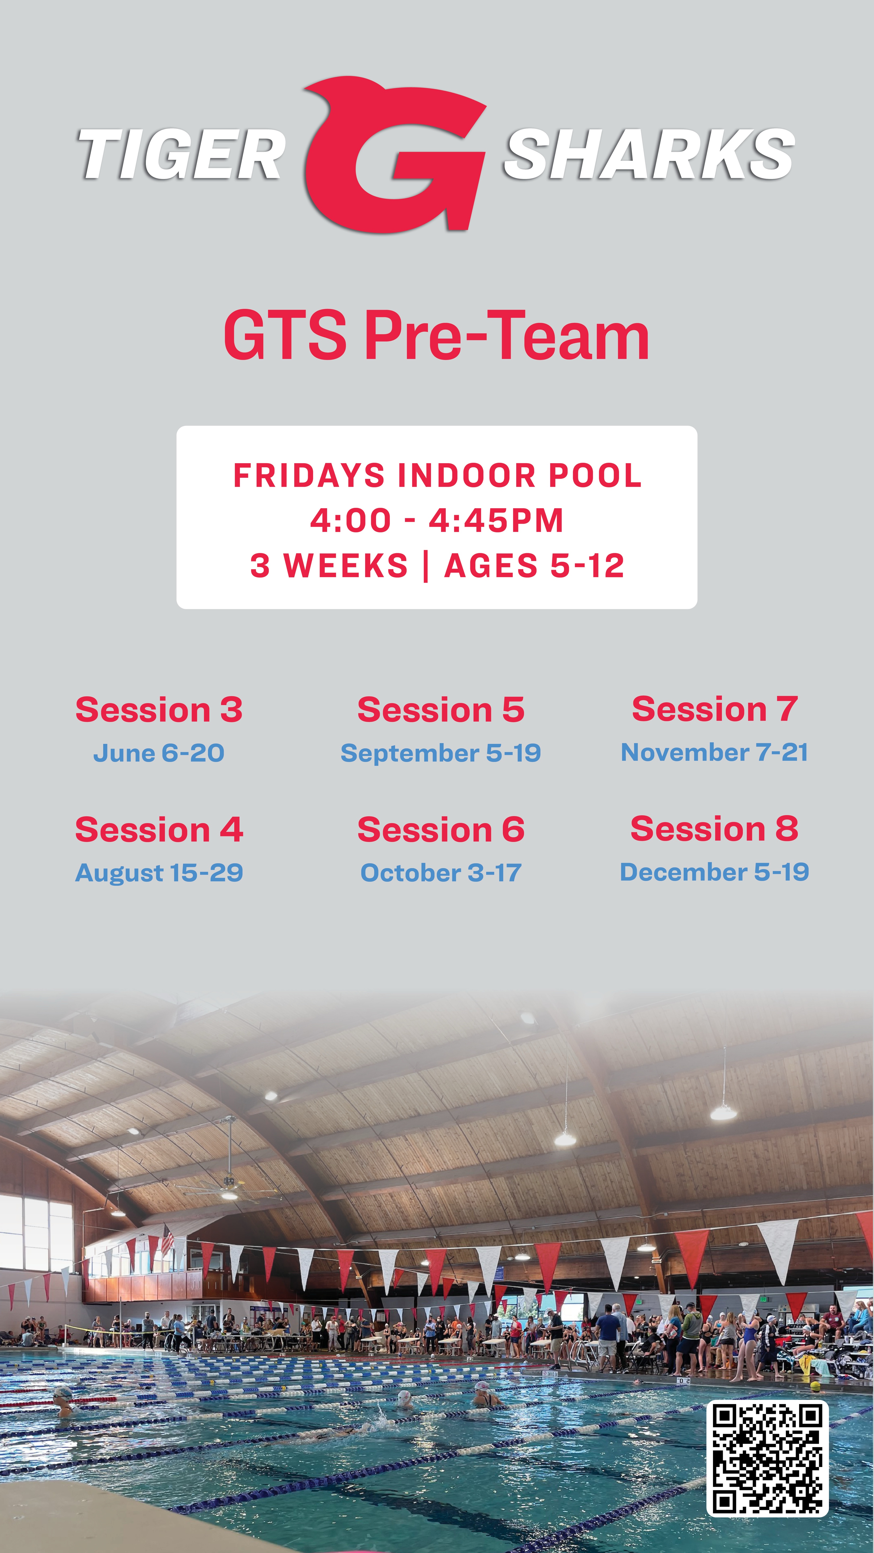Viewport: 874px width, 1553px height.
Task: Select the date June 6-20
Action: click(x=159, y=753)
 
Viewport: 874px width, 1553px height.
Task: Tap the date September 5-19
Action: click(x=440, y=753)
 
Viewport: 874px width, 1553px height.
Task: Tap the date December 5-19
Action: click(x=715, y=872)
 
